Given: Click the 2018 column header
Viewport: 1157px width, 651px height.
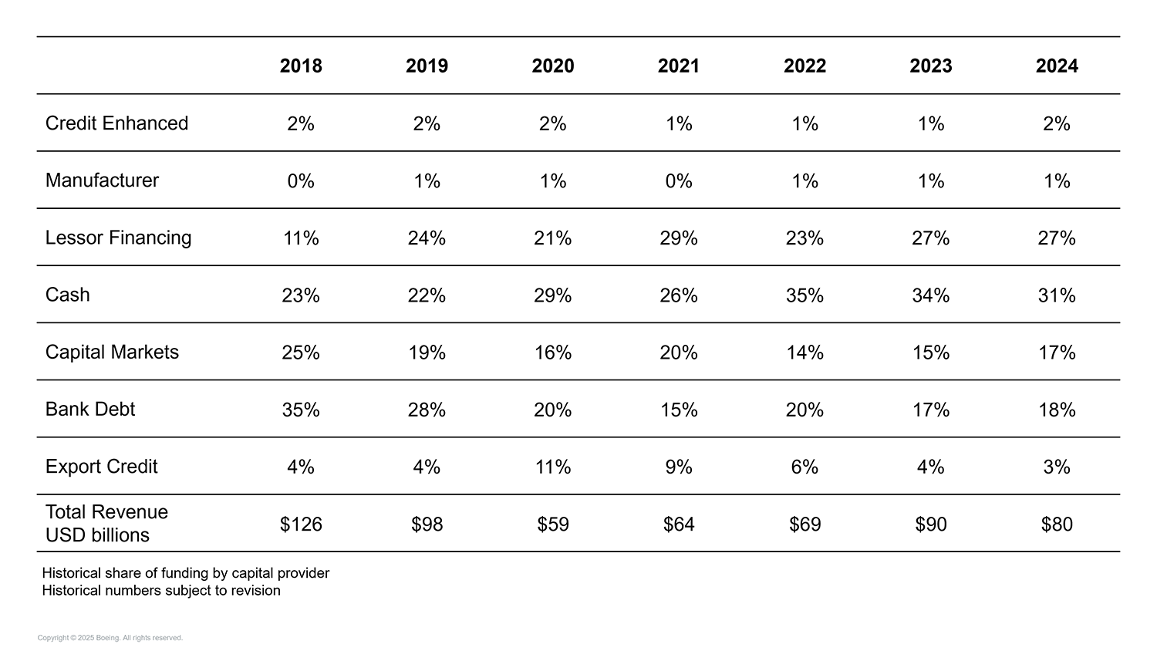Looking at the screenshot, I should [301, 66].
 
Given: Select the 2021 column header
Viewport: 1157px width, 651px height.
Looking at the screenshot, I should [679, 66].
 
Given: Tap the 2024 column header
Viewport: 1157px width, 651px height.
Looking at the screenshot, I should [1057, 66].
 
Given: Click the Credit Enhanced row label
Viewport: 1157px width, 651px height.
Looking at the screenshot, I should [116, 123].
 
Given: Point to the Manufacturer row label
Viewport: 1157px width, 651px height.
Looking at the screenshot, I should [102, 180].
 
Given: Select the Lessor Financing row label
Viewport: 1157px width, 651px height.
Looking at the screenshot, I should [118, 238].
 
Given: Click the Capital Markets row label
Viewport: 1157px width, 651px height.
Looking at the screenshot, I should [112, 352].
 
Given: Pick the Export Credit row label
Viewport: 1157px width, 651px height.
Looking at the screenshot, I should [101, 467].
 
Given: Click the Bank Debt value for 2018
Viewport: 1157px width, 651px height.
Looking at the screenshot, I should [301, 410].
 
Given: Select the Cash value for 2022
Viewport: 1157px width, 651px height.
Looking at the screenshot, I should [805, 295].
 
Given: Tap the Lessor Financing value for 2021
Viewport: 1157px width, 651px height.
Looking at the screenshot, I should [679, 238].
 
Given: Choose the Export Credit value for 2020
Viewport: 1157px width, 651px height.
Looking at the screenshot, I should [553, 467].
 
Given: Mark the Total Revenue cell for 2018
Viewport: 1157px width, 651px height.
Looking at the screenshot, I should [301, 525].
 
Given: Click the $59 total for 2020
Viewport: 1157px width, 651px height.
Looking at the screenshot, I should [553, 525].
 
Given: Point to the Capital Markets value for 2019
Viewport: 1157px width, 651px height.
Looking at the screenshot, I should [427, 352].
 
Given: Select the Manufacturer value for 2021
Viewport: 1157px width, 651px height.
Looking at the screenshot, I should [679, 181].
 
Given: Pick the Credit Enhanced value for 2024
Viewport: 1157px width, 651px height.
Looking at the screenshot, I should [1057, 123].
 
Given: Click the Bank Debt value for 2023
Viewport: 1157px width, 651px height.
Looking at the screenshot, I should [931, 410].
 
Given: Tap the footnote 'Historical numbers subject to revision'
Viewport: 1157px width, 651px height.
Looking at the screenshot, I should [161, 591].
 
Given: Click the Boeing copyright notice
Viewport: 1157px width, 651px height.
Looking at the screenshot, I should [110, 638].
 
